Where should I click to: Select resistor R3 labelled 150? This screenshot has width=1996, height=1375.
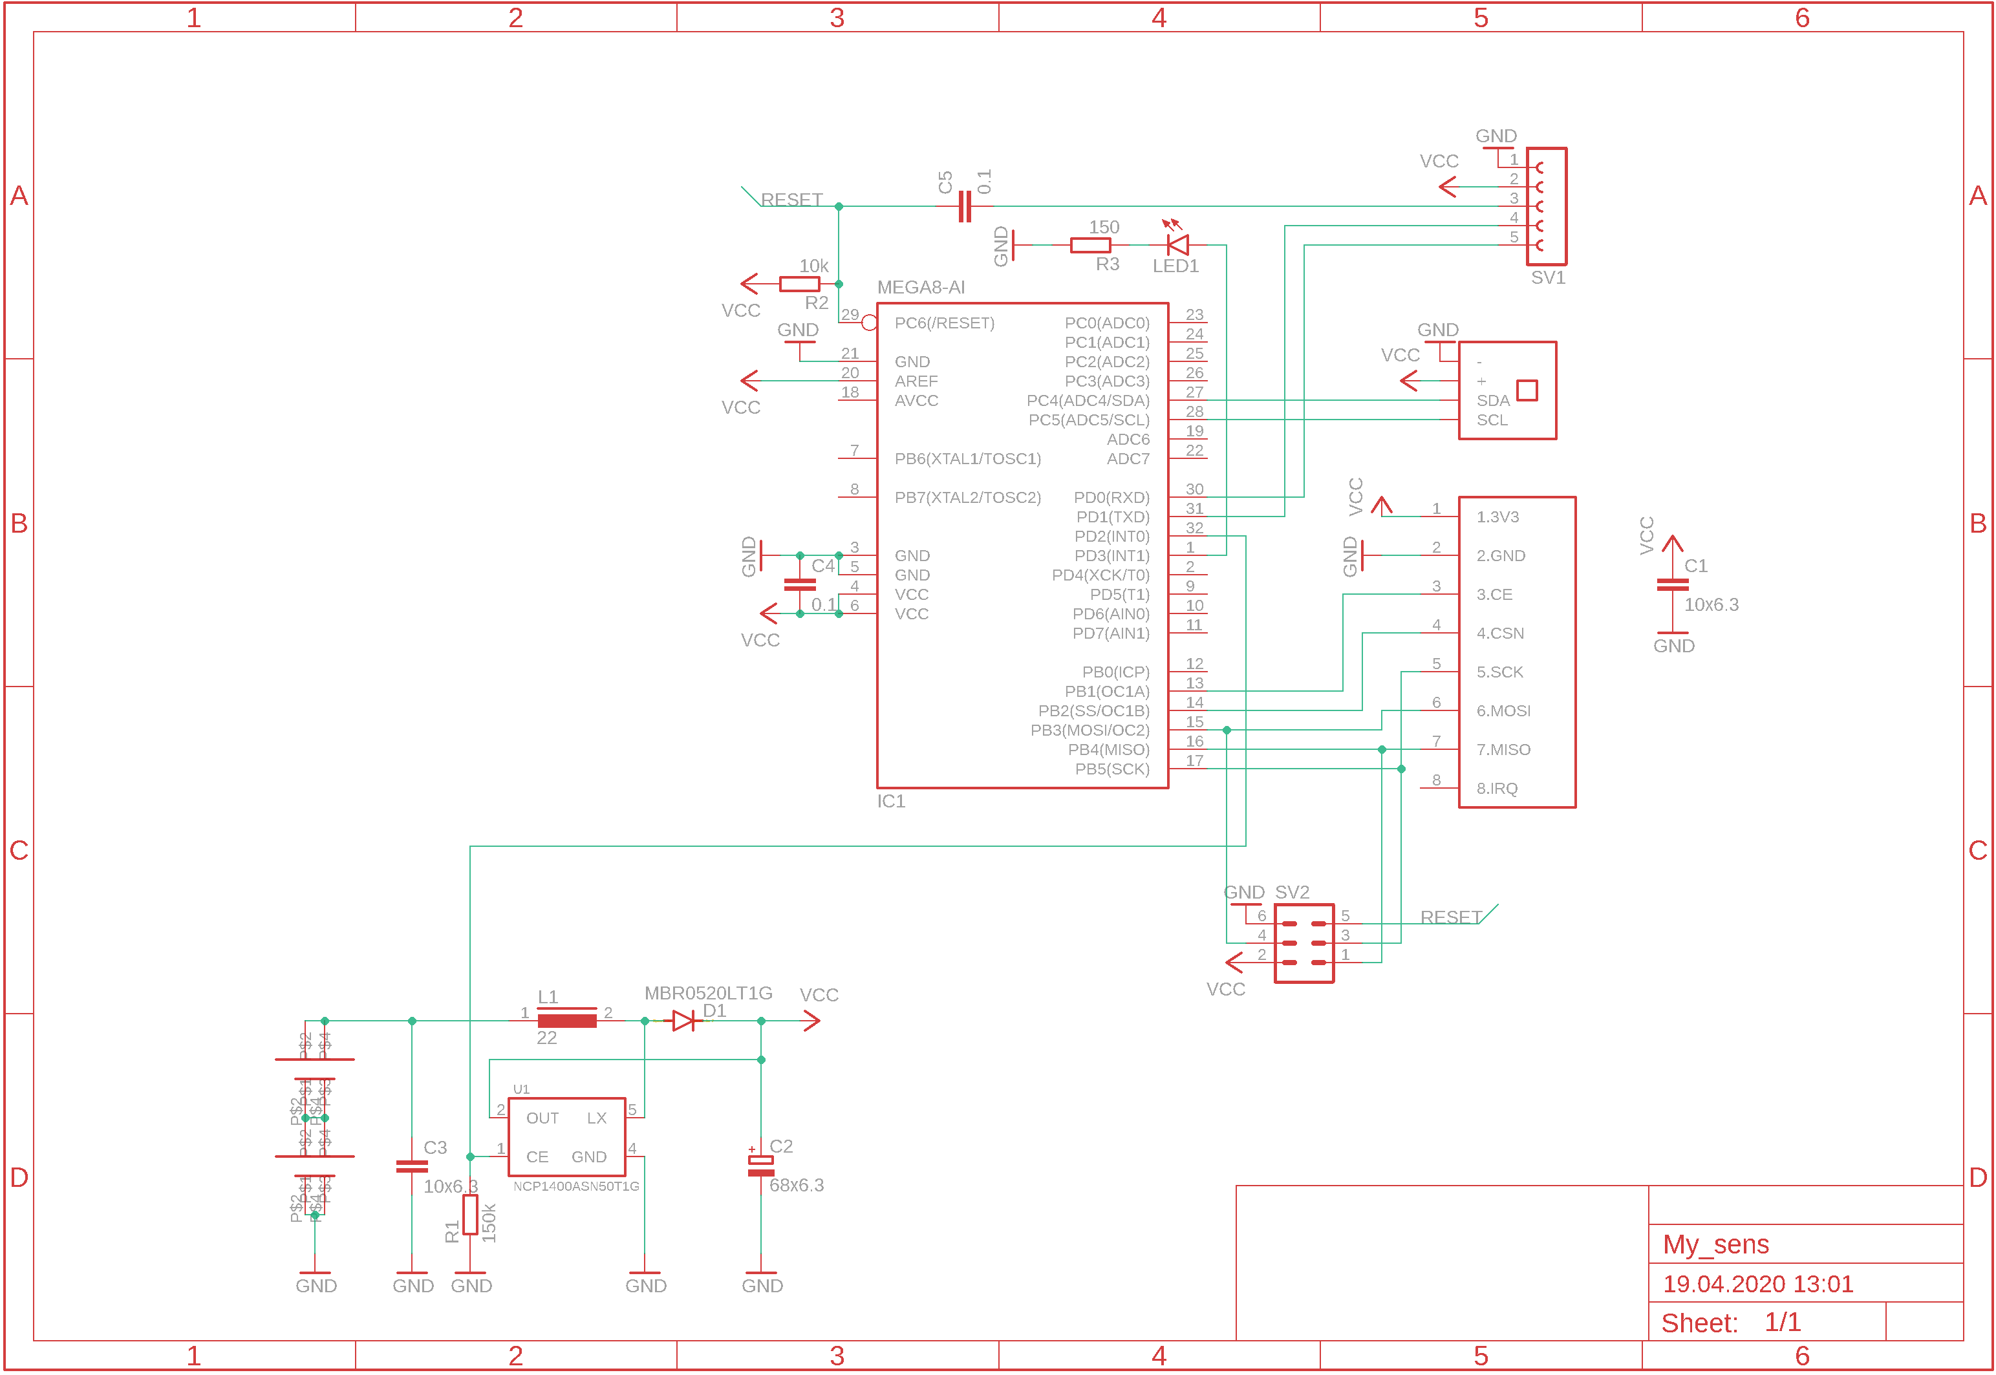coord(1089,246)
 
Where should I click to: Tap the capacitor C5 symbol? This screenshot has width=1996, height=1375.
coord(965,207)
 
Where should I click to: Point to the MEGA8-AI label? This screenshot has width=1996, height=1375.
coord(920,288)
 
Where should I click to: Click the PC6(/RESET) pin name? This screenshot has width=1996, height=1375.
coord(943,323)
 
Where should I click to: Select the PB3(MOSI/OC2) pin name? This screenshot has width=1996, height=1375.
coord(1089,730)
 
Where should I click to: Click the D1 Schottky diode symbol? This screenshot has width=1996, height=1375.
coord(684,1021)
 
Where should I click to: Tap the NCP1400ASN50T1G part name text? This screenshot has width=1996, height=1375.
coord(575,1186)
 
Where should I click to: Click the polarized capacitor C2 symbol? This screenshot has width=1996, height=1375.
coord(760,1165)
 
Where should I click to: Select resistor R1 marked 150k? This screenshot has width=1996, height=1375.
coord(469,1215)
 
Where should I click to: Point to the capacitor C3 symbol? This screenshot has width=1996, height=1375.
coord(412,1166)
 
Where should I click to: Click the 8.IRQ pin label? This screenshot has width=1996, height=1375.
coord(1496,788)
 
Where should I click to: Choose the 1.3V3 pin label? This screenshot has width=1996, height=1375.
coord(1496,517)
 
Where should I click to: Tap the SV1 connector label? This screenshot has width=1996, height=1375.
coord(1547,278)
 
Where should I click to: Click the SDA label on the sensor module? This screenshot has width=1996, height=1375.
coord(1492,401)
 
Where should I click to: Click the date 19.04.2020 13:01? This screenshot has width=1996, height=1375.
coord(1757,1284)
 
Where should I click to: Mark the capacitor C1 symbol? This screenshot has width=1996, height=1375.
coord(1671,585)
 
